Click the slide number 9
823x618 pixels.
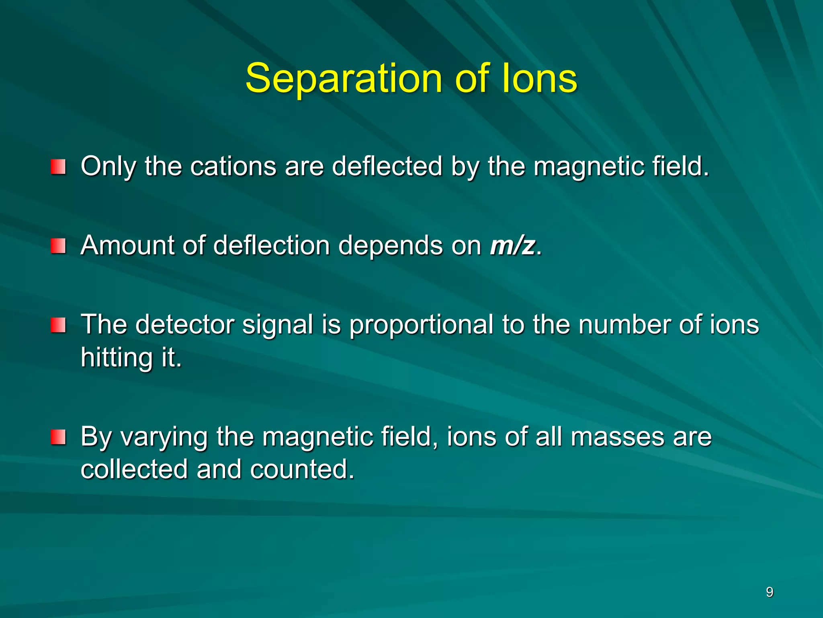[769, 592]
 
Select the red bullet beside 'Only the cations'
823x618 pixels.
[58, 167]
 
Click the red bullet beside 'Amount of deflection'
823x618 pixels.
[58, 245]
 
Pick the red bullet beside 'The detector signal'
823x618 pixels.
[58, 325]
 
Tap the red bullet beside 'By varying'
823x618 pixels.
[58, 437]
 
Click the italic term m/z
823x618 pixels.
[512, 245]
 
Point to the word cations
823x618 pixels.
[233, 166]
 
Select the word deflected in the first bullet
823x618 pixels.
[387, 166]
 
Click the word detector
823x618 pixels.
[184, 324]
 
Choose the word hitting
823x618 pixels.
[117, 357]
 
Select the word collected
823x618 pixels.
[134, 469]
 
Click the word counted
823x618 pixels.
[302, 469]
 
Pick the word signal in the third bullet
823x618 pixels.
[278, 325]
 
